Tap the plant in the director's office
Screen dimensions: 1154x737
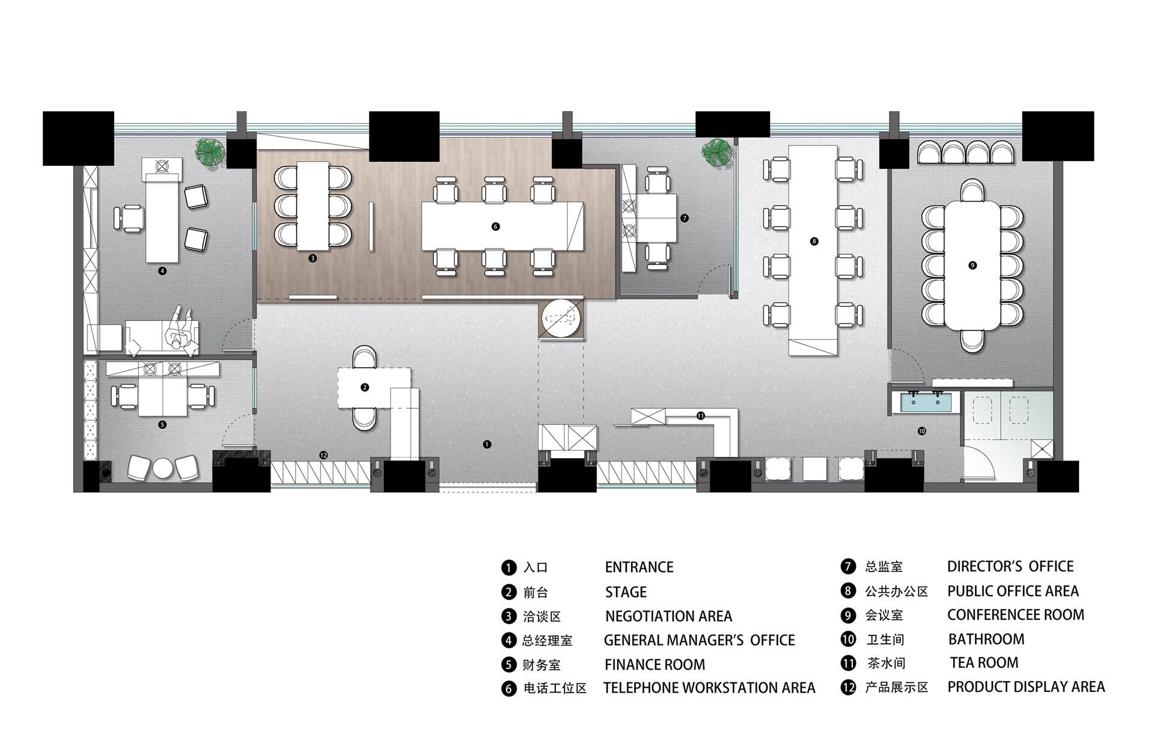coord(717,152)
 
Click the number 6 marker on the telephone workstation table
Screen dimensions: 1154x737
coord(495,227)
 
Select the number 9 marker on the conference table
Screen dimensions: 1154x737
coord(972,265)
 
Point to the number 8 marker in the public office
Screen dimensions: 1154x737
coord(814,241)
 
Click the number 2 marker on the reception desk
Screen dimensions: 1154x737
coord(365,387)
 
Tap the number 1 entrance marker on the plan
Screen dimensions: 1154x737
coord(487,444)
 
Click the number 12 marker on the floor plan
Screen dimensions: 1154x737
coord(323,455)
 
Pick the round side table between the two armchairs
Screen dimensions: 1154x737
coord(163,468)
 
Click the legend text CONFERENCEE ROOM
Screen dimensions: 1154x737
coord(1016,614)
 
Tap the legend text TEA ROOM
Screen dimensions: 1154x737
coord(984,662)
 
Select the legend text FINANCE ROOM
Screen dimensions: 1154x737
coord(655,664)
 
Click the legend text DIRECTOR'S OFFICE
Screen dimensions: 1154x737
coord(1010,566)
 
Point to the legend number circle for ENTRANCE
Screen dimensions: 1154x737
coord(508,567)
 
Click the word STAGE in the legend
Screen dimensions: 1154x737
coord(626,592)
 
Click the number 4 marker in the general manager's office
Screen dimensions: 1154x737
coord(162,271)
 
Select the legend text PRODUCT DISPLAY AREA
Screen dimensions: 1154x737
coord(1026,687)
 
